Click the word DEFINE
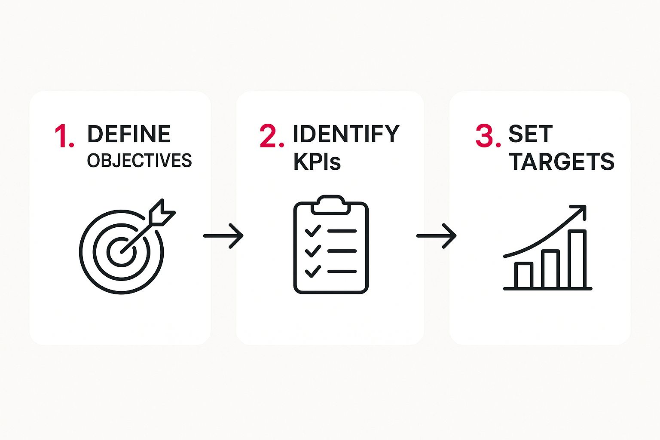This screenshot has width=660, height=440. click(x=129, y=134)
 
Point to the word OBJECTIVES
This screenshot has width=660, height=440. click(x=139, y=161)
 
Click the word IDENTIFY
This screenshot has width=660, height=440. click(x=346, y=134)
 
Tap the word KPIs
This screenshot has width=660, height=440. click(x=317, y=162)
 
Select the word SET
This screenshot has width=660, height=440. click(x=530, y=134)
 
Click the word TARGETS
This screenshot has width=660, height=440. click(x=562, y=162)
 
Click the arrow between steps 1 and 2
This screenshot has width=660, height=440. click(x=223, y=236)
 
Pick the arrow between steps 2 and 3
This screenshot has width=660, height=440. click(x=436, y=236)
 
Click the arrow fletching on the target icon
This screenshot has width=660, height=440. click(x=162, y=213)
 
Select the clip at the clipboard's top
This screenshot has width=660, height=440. click(x=330, y=205)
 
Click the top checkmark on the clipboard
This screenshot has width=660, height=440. click(x=313, y=231)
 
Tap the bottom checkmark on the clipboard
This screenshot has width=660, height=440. click(x=313, y=271)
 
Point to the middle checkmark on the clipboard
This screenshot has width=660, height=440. click(x=313, y=251)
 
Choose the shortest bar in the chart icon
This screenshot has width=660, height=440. click(x=523, y=275)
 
